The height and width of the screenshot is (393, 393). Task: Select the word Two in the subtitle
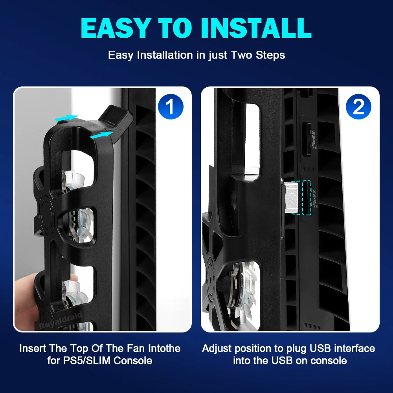(241, 55)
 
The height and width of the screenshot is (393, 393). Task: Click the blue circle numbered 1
(171, 107)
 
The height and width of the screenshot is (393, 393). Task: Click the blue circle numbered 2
(358, 107)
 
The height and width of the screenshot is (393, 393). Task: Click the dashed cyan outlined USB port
(307, 198)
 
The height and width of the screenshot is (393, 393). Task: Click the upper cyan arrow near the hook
(67, 118)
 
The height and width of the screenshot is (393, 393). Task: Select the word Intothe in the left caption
(164, 348)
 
